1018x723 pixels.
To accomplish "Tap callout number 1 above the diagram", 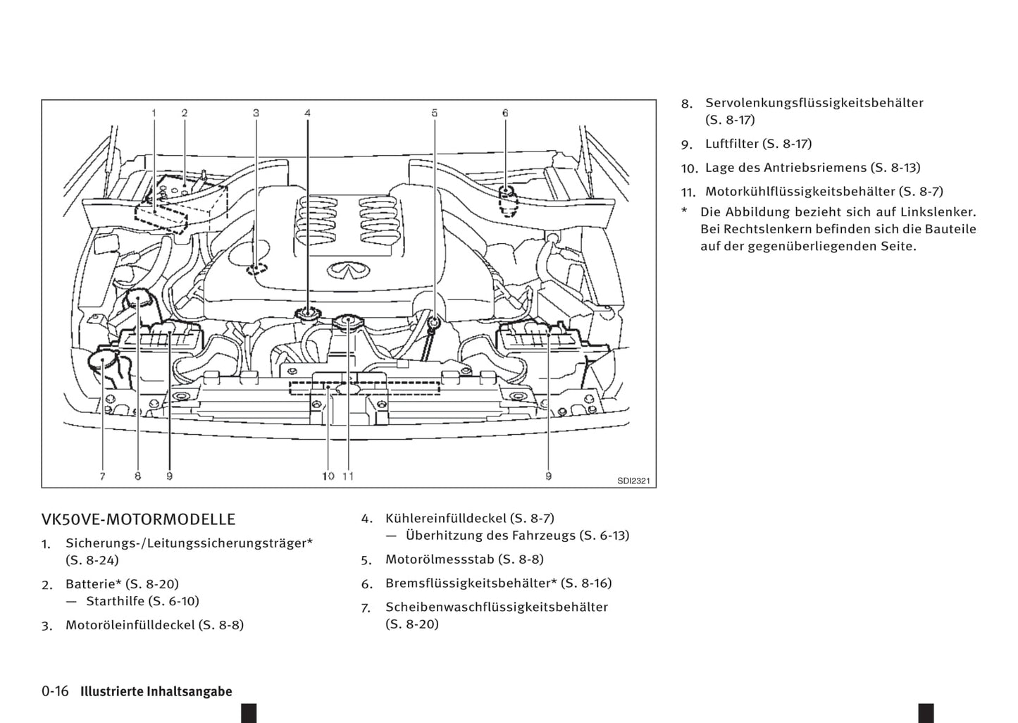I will [x=154, y=113].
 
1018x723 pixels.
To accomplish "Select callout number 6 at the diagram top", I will [x=505, y=113].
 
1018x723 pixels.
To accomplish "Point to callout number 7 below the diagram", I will [x=102, y=476].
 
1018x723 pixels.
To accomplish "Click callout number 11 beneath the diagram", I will [x=348, y=476].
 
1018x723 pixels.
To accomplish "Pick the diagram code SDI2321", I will [x=633, y=481].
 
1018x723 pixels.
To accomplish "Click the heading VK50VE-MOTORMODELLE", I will [x=138, y=520].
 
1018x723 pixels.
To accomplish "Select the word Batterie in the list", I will [x=90, y=584].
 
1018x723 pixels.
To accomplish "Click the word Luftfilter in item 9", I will [x=731, y=144].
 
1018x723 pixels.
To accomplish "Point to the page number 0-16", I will [x=55, y=691].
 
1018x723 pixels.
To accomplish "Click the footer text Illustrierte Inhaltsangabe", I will [x=156, y=692].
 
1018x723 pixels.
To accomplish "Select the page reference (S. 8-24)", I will [x=92, y=560].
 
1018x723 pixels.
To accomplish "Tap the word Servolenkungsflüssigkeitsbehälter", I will [x=814, y=103].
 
